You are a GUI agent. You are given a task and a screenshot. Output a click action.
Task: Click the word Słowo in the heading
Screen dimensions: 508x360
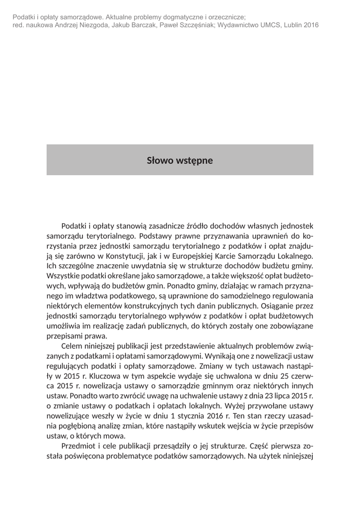tap(158, 161)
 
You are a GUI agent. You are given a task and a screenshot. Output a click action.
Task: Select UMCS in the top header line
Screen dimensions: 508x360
tap(268, 25)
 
